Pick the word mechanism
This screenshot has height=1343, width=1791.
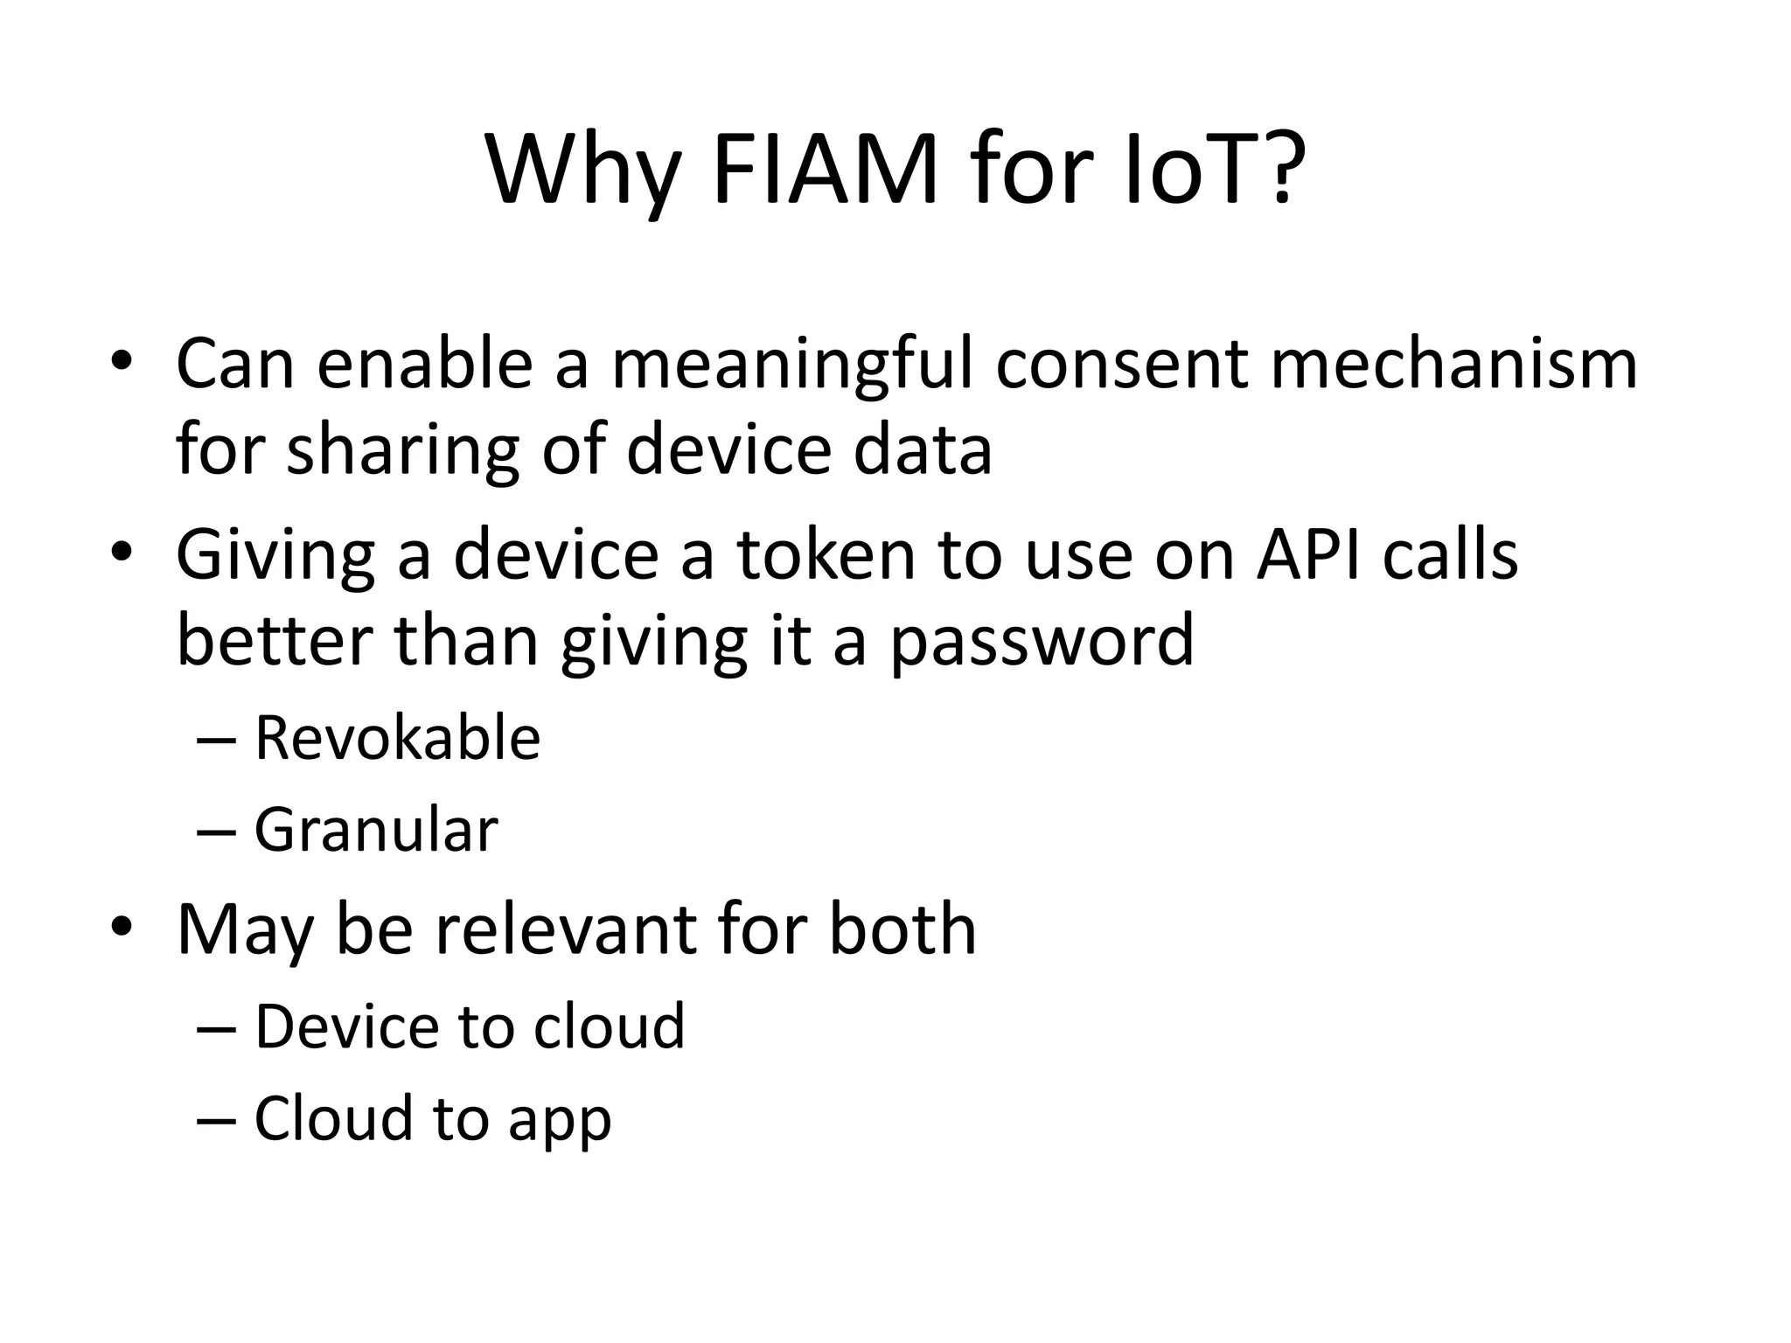point(1453,364)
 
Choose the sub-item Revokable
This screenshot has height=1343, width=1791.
point(397,739)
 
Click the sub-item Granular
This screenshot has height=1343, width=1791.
point(376,830)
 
